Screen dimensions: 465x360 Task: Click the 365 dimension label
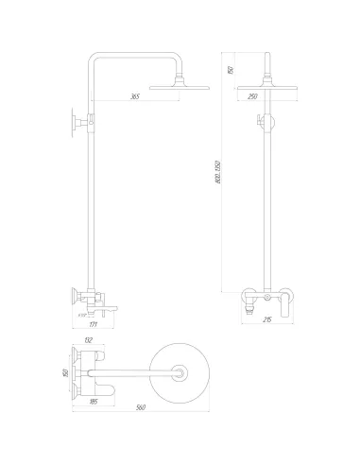coord(135,95)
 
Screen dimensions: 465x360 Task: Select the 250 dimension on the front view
coord(252,95)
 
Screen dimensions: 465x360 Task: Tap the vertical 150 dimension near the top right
coord(230,69)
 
